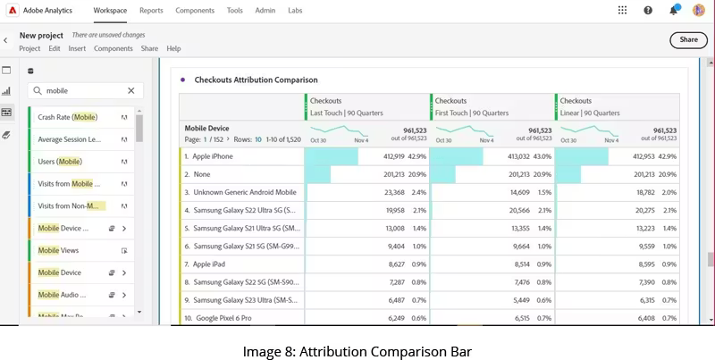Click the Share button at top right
tap(688, 39)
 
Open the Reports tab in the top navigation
tap(151, 11)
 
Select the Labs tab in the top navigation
tap(295, 11)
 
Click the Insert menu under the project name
tap(77, 48)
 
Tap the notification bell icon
tap(673, 11)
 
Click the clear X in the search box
tap(130, 90)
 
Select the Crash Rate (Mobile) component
tap(68, 117)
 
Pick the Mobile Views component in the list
tap(58, 250)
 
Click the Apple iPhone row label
tap(213, 156)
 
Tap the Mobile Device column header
tap(207, 128)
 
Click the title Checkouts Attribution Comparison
tap(256, 80)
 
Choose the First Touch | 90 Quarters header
tap(472, 113)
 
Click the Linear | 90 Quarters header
tap(592, 113)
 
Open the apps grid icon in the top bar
tap(622, 11)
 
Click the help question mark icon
tap(648, 11)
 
